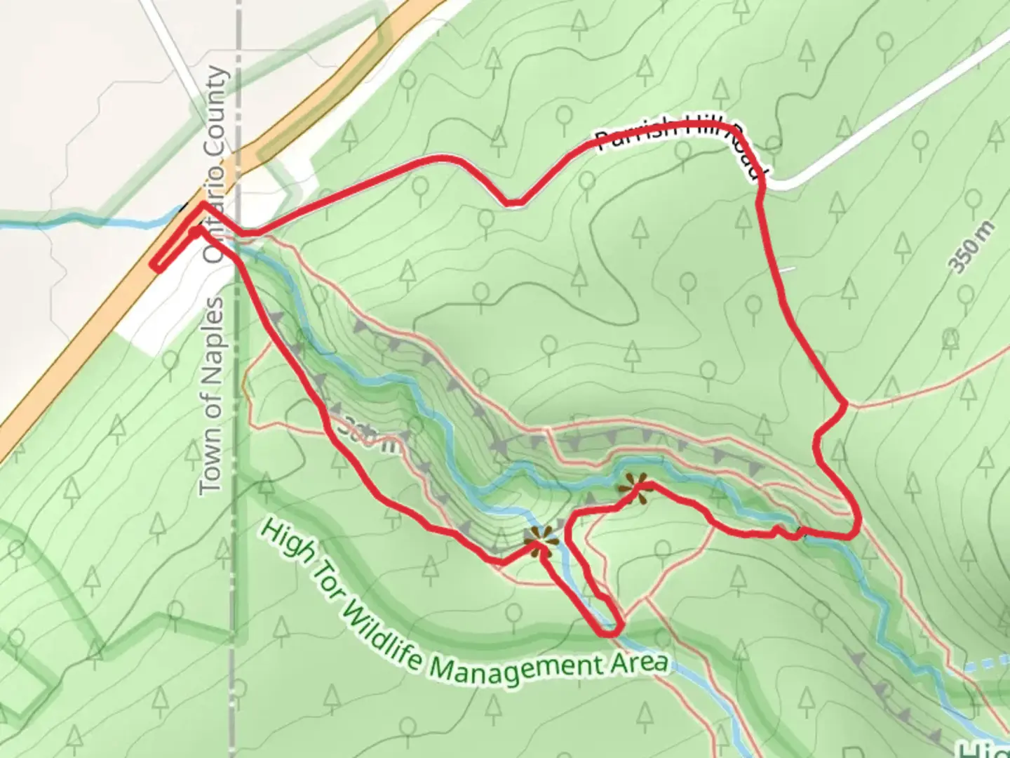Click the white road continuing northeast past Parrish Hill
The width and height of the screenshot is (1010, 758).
(x=898, y=112)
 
